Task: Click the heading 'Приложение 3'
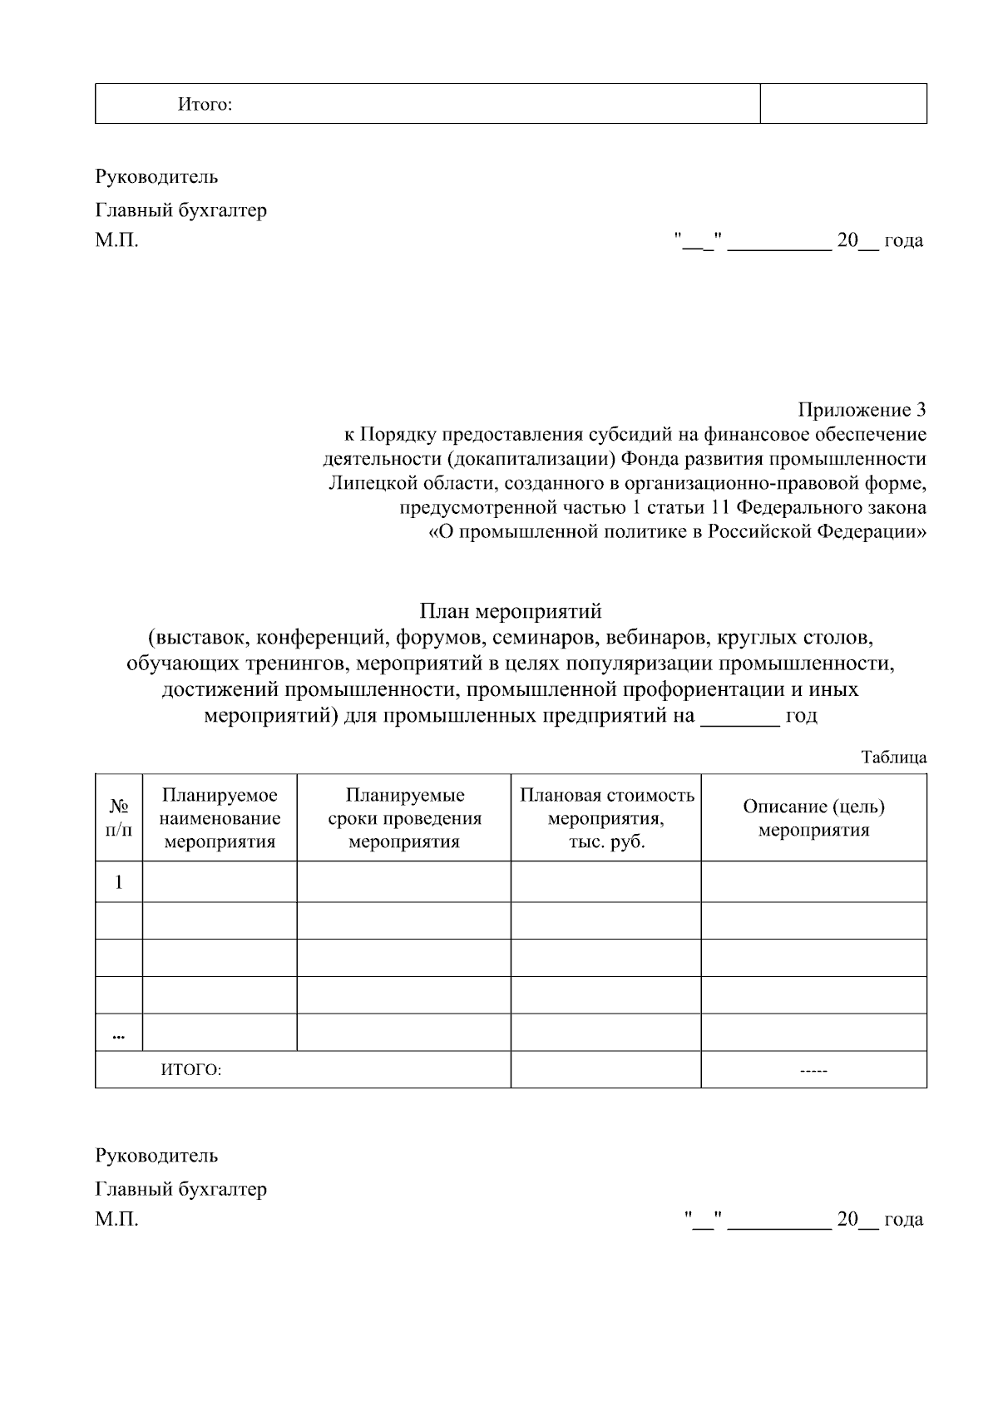pyautogui.click(x=862, y=410)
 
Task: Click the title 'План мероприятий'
pyautogui.click(x=510, y=612)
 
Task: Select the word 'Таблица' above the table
pyautogui.click(x=893, y=757)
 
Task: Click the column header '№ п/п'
pyautogui.click(x=119, y=818)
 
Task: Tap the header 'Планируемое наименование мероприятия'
pyautogui.click(x=220, y=818)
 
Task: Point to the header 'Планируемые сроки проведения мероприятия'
pyautogui.click(x=404, y=818)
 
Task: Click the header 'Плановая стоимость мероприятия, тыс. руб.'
pyautogui.click(x=606, y=818)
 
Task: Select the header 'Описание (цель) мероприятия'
pyautogui.click(x=813, y=818)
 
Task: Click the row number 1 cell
pyautogui.click(x=119, y=882)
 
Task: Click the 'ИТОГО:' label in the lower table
pyautogui.click(x=191, y=1070)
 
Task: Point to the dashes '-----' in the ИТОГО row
pyautogui.click(x=813, y=1071)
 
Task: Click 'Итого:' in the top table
pyautogui.click(x=205, y=105)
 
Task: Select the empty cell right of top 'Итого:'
pyautogui.click(x=843, y=104)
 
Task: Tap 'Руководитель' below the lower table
pyautogui.click(x=156, y=1156)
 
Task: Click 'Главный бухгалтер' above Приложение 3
pyautogui.click(x=181, y=210)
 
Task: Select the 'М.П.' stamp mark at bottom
pyautogui.click(x=116, y=1220)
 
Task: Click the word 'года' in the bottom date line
pyautogui.click(x=903, y=1220)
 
